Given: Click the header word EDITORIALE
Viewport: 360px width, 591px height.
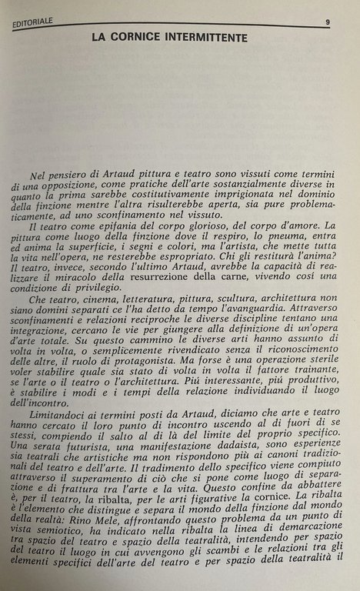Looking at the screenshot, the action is (36, 24).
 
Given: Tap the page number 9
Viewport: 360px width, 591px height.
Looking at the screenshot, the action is (327, 23).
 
